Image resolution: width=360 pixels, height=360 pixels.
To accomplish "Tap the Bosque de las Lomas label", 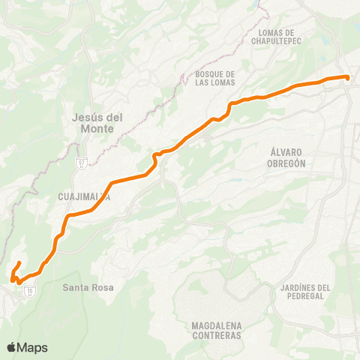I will [x=215, y=78].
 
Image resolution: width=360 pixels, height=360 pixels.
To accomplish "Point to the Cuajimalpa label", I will [x=84, y=197].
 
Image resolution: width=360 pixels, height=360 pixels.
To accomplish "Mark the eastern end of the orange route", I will [x=348, y=77].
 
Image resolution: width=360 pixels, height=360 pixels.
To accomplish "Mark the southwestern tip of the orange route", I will [x=13, y=280].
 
